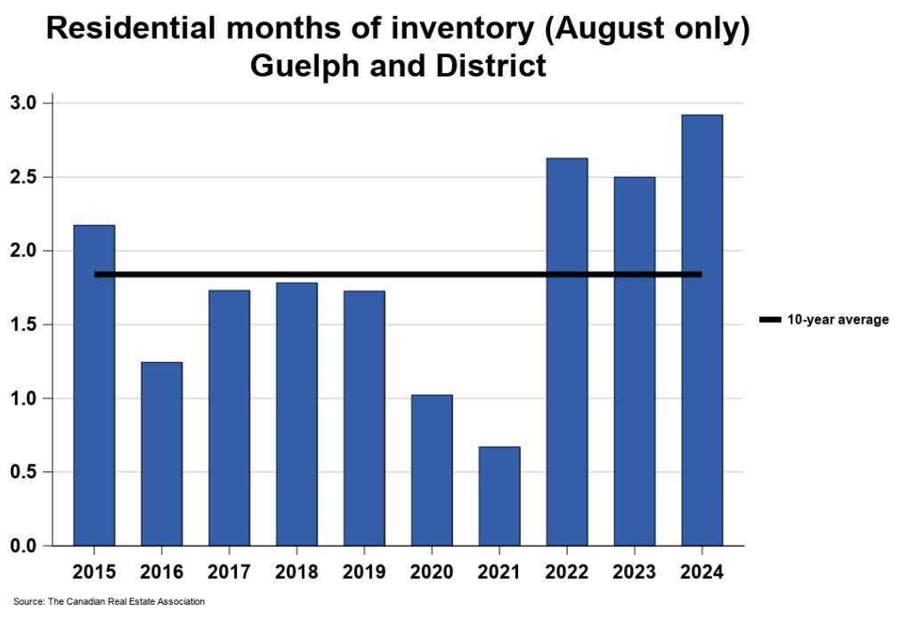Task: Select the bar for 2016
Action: tap(161, 454)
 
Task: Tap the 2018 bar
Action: tap(296, 414)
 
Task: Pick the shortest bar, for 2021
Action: tap(499, 496)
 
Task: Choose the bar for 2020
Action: tap(432, 470)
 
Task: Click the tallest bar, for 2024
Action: tap(701, 330)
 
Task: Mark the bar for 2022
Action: tap(567, 351)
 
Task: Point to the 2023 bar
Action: tap(634, 361)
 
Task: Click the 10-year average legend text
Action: tap(838, 319)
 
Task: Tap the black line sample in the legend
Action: tap(770, 319)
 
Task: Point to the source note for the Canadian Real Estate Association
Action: tap(109, 602)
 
